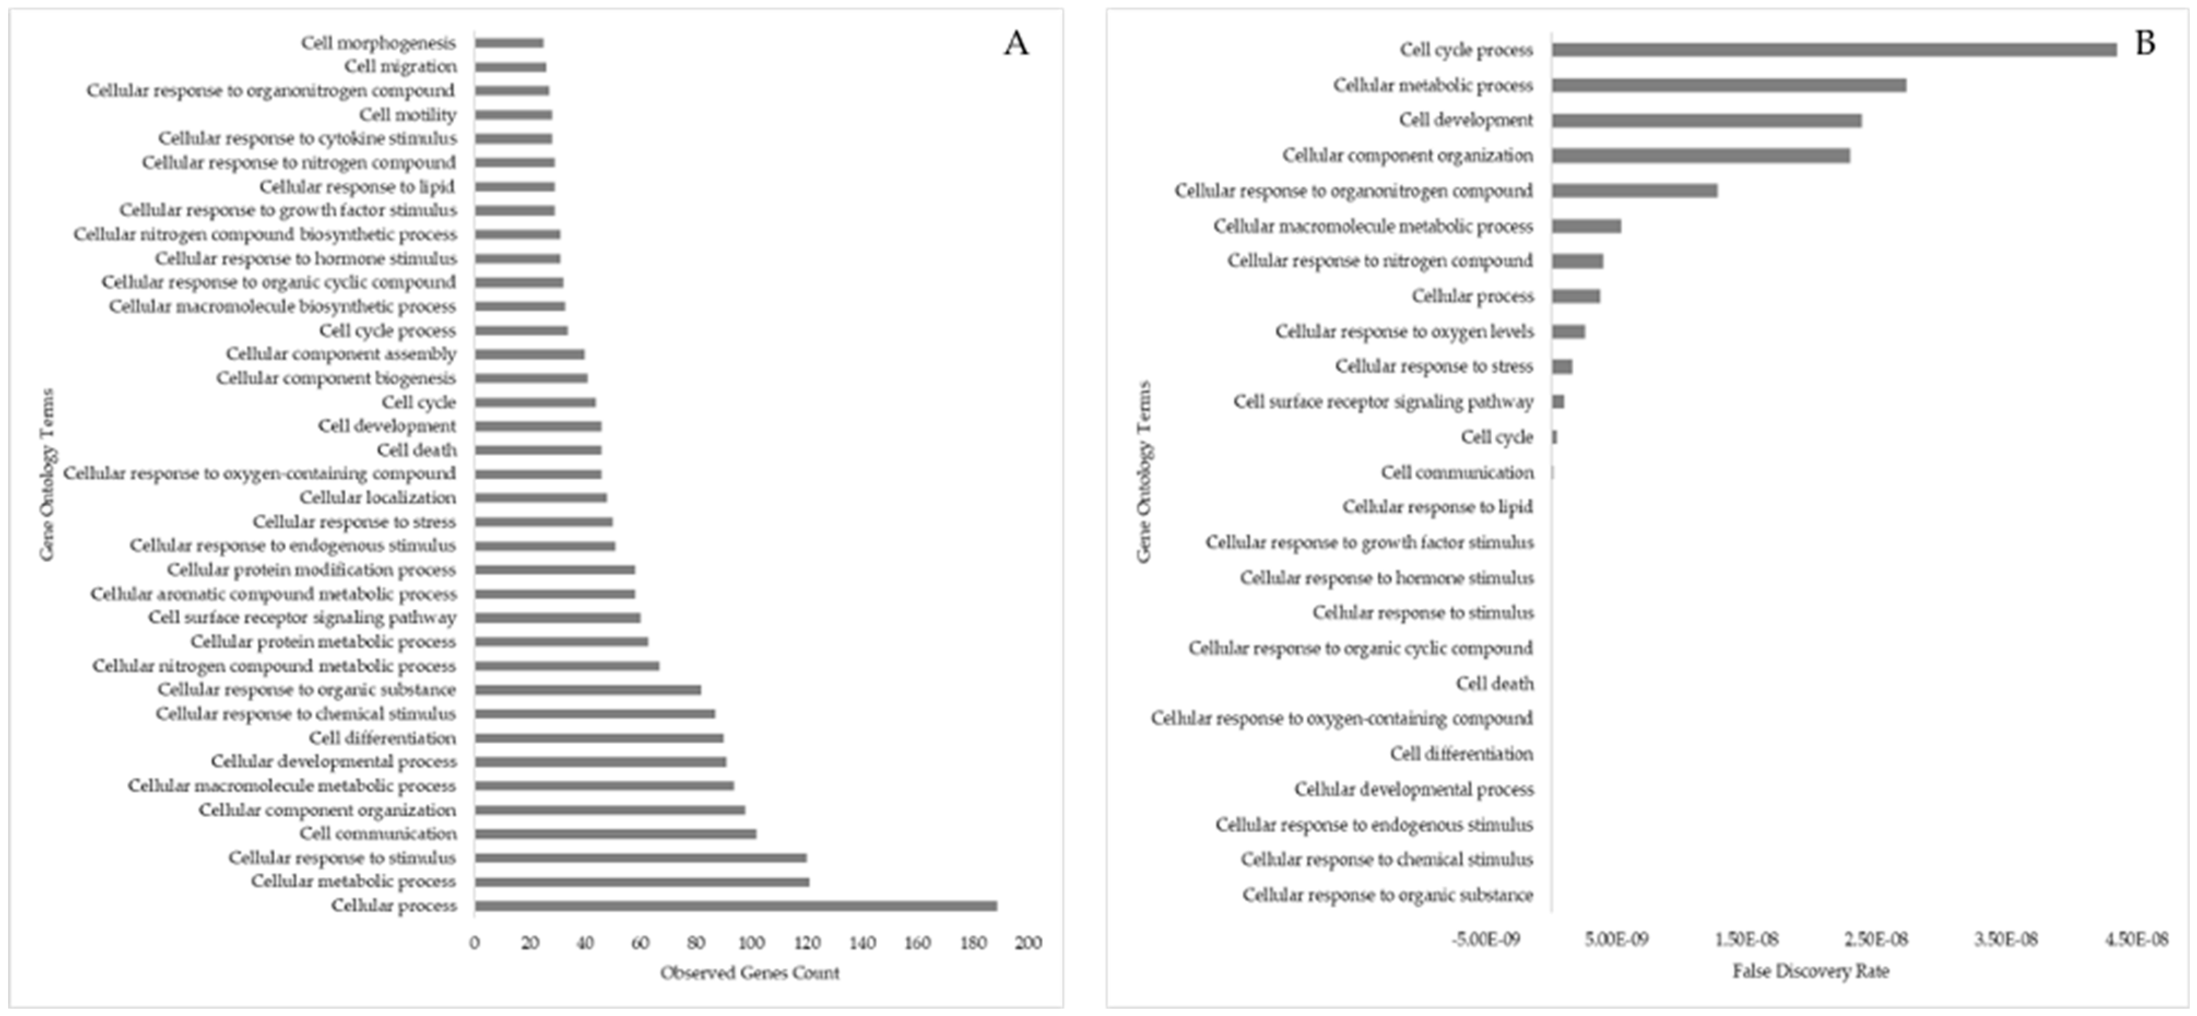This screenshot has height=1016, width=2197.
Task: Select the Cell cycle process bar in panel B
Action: point(1834,50)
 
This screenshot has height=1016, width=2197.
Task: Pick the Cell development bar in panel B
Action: point(1706,120)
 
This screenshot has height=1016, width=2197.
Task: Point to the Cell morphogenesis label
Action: point(378,43)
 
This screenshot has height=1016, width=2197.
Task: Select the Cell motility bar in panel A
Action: point(513,114)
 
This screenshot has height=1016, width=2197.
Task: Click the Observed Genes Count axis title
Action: point(749,972)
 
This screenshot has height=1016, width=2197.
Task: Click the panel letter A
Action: point(1015,43)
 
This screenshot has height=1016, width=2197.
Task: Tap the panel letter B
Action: point(2145,43)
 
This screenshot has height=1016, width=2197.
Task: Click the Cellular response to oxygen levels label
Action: point(1404,331)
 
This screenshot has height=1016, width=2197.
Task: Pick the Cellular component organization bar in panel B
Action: point(1700,155)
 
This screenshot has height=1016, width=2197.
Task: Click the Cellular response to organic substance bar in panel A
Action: point(588,689)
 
